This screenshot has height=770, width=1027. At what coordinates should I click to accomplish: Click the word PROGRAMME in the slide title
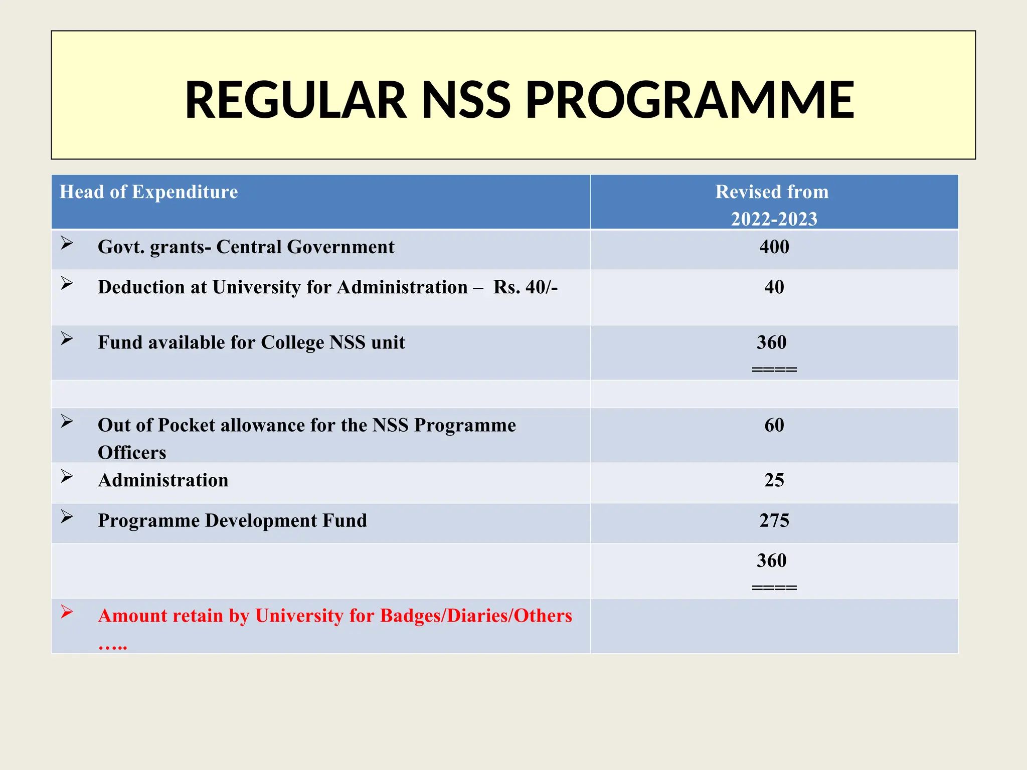click(690, 100)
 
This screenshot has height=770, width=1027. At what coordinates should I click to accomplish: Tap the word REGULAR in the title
click(296, 100)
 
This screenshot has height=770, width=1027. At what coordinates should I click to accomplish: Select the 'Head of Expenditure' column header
click(148, 192)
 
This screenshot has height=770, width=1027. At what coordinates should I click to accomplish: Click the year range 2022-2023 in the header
click(774, 219)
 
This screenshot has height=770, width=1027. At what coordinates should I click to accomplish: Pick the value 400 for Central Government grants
click(774, 247)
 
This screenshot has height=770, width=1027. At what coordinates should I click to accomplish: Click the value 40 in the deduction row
click(774, 287)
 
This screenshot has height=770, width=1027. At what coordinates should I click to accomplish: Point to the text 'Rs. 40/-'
click(525, 287)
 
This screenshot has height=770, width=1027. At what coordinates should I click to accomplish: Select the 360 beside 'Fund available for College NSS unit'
click(771, 342)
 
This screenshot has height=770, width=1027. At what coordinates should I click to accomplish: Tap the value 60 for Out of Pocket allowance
click(774, 425)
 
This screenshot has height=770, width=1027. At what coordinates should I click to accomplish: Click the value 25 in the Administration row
click(774, 480)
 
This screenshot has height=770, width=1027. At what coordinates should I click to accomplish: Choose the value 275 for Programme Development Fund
click(774, 521)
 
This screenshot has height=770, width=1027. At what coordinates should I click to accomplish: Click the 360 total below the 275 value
click(771, 560)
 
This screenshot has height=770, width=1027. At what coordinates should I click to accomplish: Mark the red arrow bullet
click(67, 612)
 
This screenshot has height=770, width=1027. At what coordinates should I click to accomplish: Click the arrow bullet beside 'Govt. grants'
click(67, 243)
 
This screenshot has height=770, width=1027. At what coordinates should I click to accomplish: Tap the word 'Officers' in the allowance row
click(132, 453)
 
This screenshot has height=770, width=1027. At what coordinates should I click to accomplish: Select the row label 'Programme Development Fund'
click(232, 521)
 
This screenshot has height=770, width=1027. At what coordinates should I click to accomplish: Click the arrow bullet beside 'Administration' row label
click(67, 476)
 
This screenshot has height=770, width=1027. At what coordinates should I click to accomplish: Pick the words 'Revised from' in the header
click(771, 192)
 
